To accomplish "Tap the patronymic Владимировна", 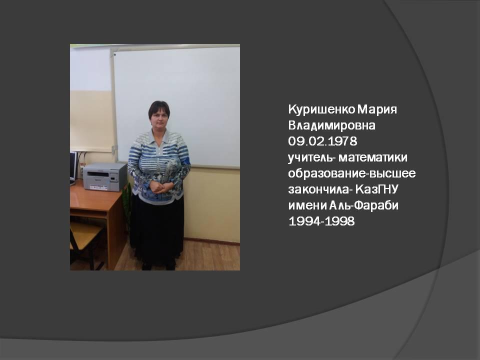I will click(x=330, y=125).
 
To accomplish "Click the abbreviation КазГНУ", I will click(x=384, y=189).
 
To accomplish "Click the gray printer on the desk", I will click(x=103, y=176).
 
